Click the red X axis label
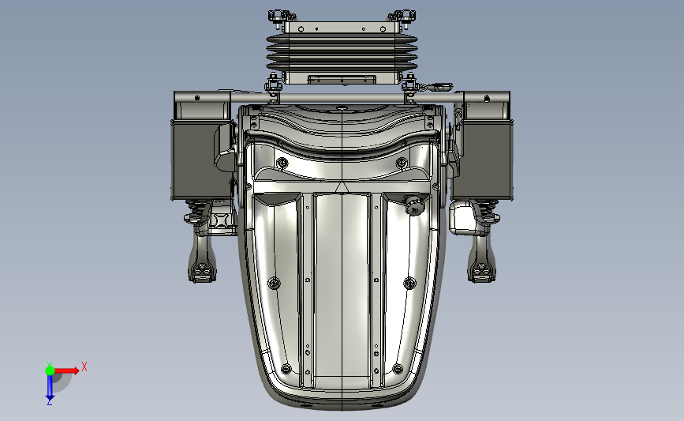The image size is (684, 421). click(84, 366)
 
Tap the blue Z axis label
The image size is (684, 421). click(49, 402)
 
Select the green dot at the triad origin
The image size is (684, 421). click(50, 370)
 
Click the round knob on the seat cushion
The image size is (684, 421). click(413, 205)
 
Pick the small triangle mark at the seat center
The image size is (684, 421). click(342, 187)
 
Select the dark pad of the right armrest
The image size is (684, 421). click(483, 159)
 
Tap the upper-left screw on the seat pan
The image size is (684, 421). click(282, 164)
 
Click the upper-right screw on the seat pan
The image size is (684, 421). click(402, 164)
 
